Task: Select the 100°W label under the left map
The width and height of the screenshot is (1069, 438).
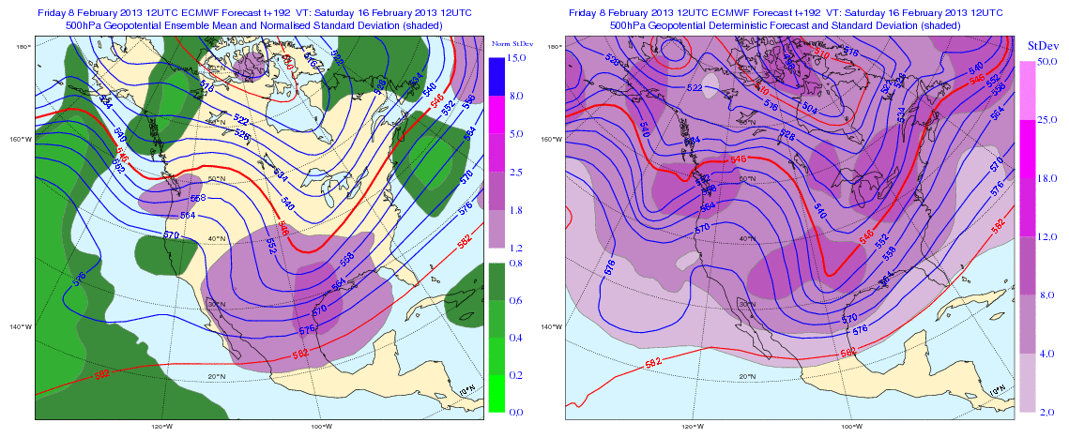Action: (x=320, y=426)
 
